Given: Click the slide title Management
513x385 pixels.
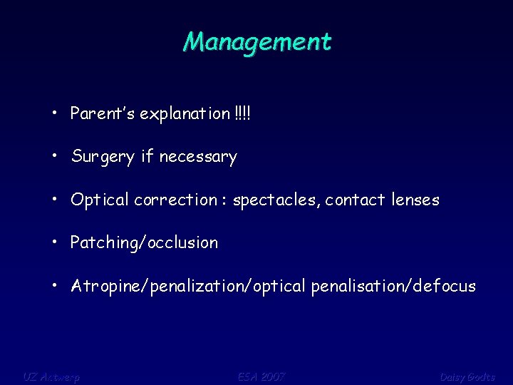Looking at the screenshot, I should (x=256, y=41).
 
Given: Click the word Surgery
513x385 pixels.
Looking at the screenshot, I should (x=103, y=158).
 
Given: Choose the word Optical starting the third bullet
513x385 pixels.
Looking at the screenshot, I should (x=99, y=200).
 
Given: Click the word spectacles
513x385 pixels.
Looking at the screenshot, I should (x=277, y=200).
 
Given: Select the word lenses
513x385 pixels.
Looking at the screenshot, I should (x=415, y=200).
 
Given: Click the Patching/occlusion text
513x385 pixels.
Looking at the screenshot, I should (x=144, y=243).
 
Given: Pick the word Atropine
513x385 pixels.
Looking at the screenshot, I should (x=106, y=287).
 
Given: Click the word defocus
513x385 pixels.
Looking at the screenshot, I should (x=445, y=287).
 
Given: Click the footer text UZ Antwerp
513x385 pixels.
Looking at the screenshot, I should (x=51, y=376).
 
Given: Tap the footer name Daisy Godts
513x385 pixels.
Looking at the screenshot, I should (x=467, y=376).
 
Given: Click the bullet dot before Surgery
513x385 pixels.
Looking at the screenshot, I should (x=55, y=157).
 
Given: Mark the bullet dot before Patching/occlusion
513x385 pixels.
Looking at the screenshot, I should (x=55, y=242).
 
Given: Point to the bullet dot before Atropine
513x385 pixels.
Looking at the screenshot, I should (x=55, y=286).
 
